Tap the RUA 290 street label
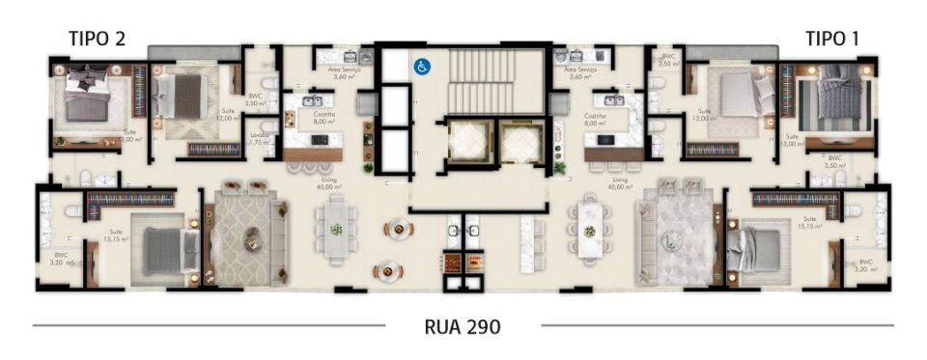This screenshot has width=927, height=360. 463,327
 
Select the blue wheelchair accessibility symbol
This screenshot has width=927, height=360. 421,67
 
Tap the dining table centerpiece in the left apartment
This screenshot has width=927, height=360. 336,230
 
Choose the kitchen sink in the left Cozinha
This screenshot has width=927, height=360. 313,100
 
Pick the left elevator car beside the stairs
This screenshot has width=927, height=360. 464,145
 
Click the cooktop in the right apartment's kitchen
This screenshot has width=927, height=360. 605,140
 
